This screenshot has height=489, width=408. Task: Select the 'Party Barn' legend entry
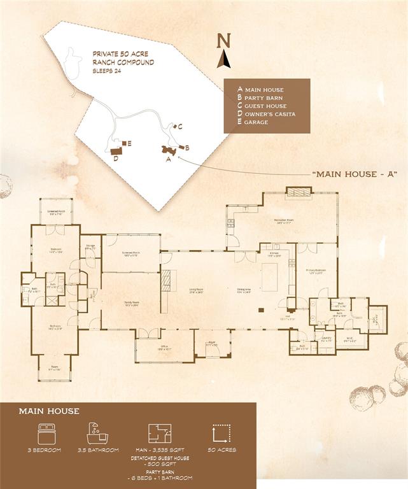(261, 98)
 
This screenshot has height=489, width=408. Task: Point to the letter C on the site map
(180, 127)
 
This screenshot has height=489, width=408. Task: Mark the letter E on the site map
(129, 144)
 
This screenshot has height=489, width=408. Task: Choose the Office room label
(164, 348)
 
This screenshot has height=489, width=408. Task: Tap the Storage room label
(90, 247)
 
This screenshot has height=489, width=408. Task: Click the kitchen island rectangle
(270, 278)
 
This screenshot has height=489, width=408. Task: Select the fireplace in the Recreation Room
(298, 192)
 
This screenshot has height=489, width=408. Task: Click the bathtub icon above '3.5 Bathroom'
(97, 432)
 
